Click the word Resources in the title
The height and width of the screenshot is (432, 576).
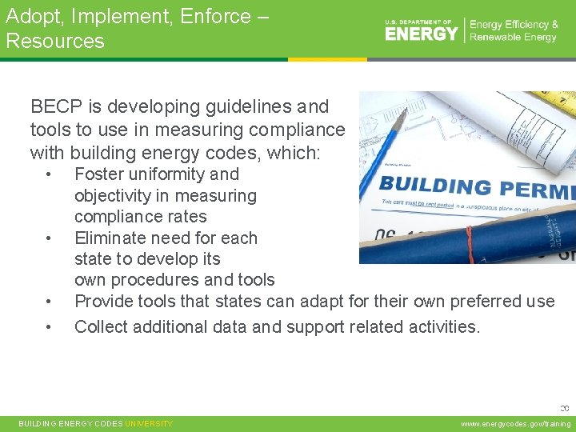55,41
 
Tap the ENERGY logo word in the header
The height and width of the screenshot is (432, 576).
422,34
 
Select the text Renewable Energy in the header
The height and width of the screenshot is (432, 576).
514,38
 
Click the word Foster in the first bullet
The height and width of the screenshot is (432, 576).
99,174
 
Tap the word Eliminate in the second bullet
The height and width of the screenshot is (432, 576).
111,238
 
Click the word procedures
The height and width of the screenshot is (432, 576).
178,280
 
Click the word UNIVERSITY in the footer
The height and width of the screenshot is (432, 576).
149,424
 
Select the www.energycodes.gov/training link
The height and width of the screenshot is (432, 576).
516,424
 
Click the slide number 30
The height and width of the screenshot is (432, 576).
564,408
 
